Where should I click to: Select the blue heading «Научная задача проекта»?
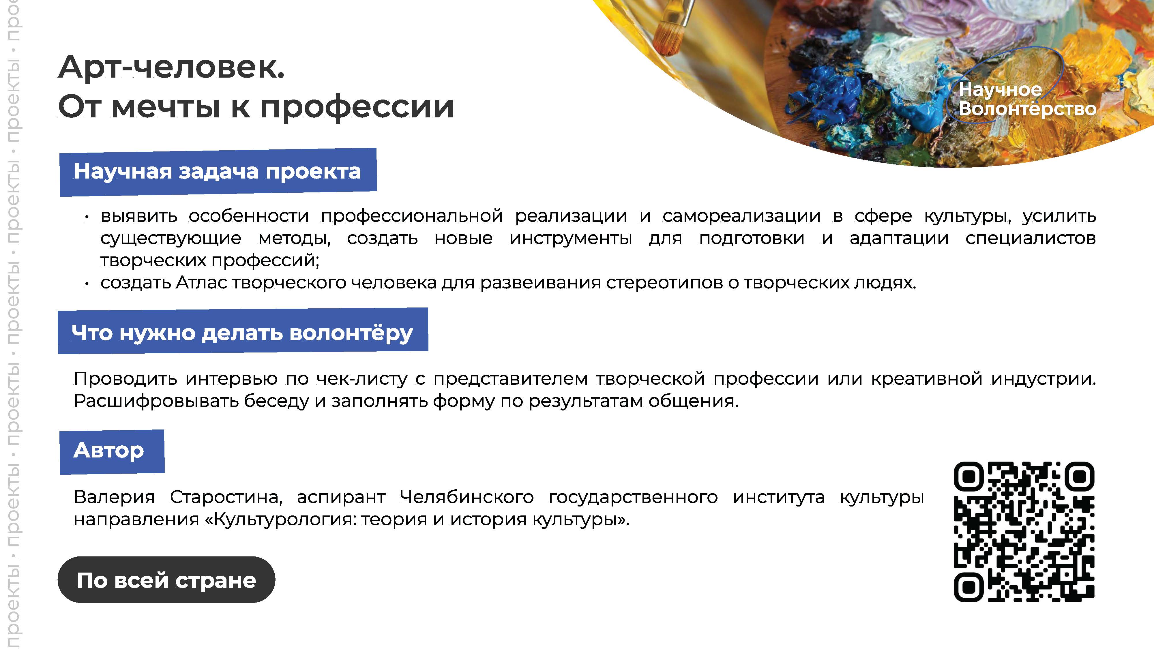[218, 172]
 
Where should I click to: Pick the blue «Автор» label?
[112, 451]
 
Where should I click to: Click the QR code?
[1024, 532]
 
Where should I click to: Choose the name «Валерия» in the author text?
[114, 497]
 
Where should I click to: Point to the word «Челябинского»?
[466, 497]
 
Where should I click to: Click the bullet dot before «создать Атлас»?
[87, 284]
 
